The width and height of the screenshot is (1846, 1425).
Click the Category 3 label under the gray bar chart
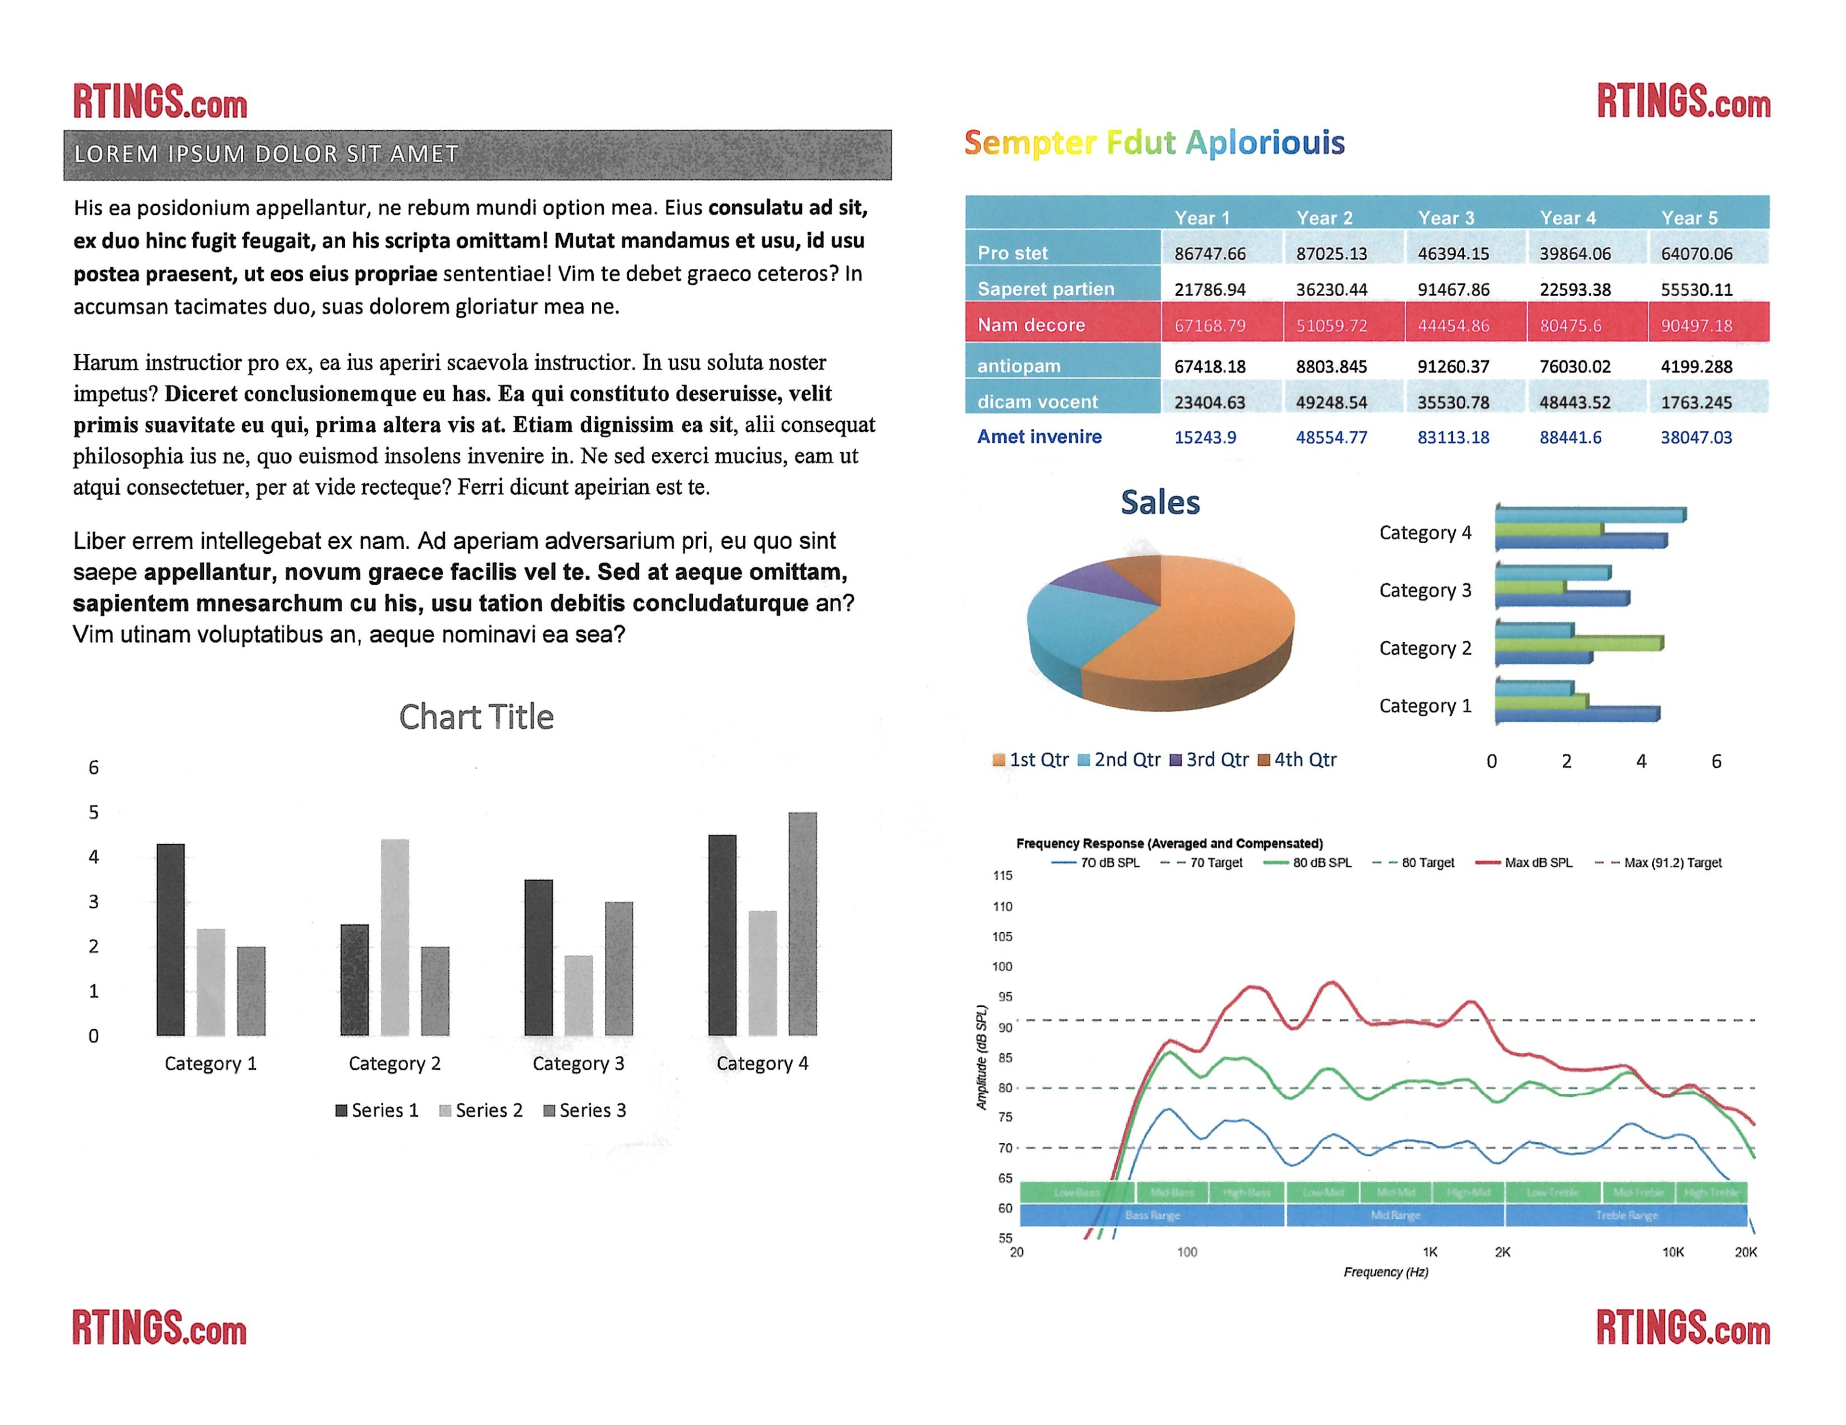(578, 1063)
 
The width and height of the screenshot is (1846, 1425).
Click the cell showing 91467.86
(1453, 289)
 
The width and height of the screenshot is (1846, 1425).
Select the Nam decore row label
(1031, 325)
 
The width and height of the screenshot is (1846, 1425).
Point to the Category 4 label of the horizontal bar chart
(1425, 533)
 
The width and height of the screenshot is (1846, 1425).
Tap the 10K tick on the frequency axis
(1673, 1252)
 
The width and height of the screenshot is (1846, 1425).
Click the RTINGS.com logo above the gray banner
(160, 102)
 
